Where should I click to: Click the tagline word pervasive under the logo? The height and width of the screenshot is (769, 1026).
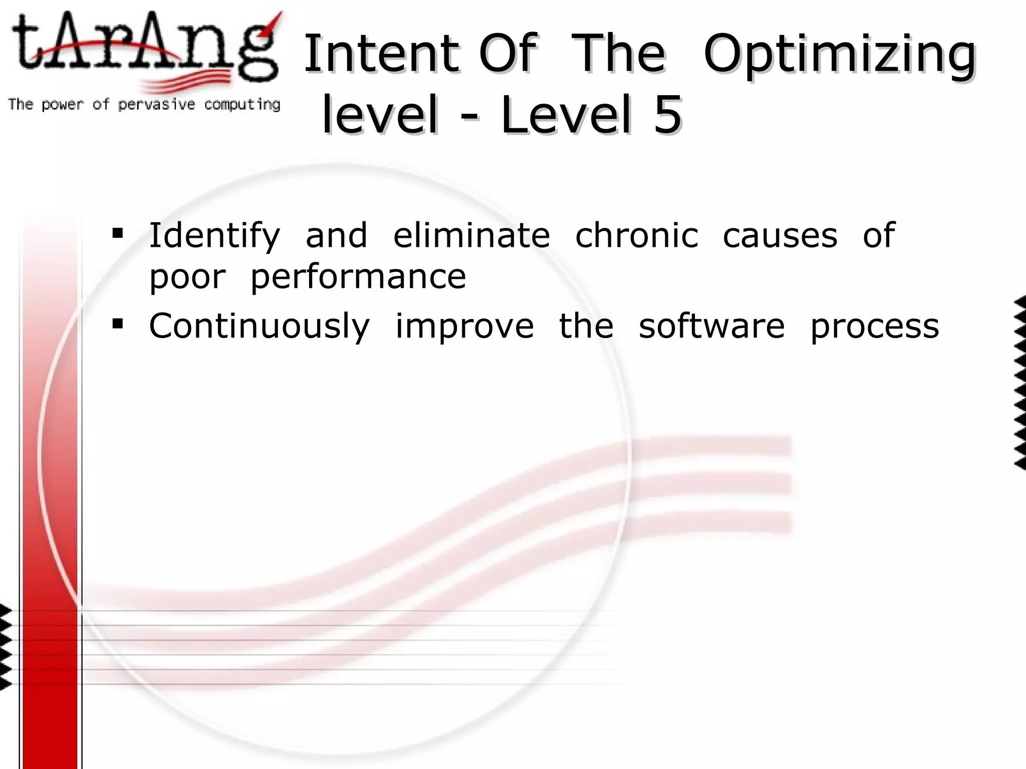[x=156, y=105]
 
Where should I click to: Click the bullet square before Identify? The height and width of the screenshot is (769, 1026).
[x=118, y=233]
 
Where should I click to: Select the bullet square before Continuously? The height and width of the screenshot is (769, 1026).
[x=118, y=324]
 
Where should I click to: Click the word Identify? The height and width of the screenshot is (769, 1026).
[x=214, y=235]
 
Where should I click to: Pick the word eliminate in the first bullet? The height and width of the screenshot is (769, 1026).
[x=471, y=235]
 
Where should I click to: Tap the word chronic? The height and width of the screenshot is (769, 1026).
[x=636, y=235]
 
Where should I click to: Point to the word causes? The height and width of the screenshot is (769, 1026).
[x=780, y=235]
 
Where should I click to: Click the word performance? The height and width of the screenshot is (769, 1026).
[x=358, y=277]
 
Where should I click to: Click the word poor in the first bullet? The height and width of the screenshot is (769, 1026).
[x=187, y=277]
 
